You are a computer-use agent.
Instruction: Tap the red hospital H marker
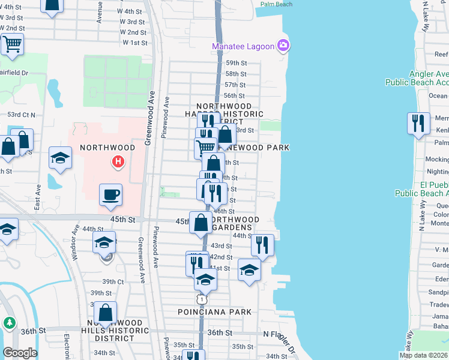click(119, 161)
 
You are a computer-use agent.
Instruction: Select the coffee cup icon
click(110, 195)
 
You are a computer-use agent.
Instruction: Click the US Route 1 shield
click(202, 299)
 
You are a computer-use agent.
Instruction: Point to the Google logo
click(20, 353)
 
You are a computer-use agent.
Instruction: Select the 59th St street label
click(237, 63)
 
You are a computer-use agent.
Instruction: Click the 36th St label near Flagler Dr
click(220, 332)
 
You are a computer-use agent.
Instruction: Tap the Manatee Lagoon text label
click(243, 47)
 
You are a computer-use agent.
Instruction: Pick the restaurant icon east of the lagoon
click(417, 124)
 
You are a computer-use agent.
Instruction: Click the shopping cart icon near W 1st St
click(12, 44)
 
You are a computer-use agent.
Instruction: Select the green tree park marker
click(10, 323)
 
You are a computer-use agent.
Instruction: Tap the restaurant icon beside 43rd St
click(262, 245)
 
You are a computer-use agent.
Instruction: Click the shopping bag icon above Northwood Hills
click(105, 313)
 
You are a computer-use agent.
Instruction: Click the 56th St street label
click(234, 96)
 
